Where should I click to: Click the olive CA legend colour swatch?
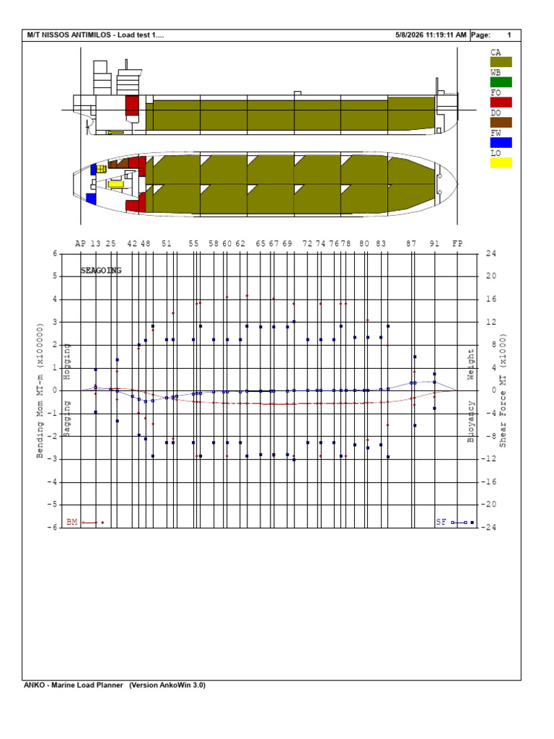pyautogui.click(x=501, y=62)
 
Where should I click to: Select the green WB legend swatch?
pyautogui.click(x=501, y=82)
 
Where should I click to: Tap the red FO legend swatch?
pyautogui.click(x=501, y=102)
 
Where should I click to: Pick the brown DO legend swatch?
pyautogui.click(x=501, y=123)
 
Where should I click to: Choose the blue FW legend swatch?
pyautogui.click(x=501, y=142)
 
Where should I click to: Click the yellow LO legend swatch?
pyautogui.click(x=501, y=162)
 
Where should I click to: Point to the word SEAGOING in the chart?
pyautogui.click(x=101, y=271)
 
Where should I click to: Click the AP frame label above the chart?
pyautogui.click(x=81, y=244)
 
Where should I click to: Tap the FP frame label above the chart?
pyautogui.click(x=457, y=244)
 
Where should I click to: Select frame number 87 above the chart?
pyautogui.click(x=411, y=244)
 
